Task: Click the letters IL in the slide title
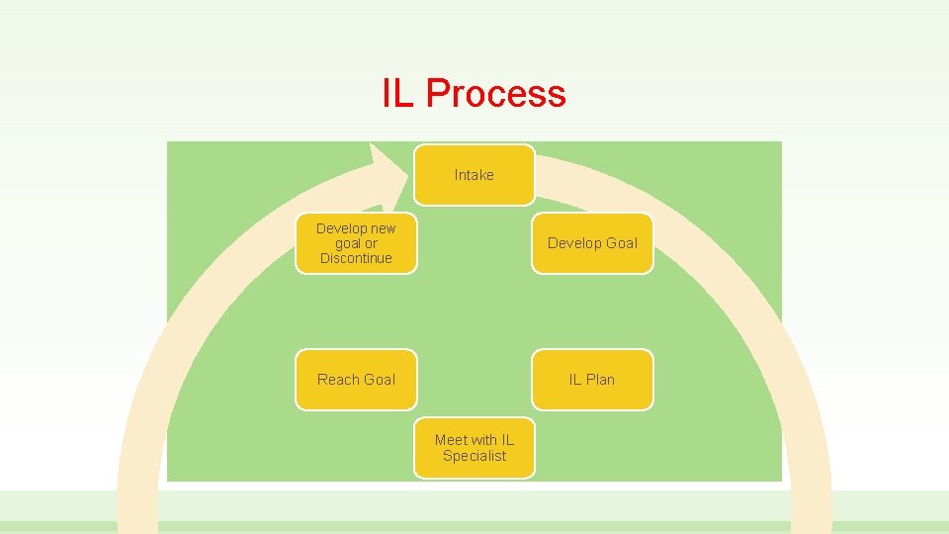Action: pos(399,94)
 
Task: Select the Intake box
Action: pos(474,175)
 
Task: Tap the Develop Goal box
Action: pos(592,243)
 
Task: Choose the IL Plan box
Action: pos(592,380)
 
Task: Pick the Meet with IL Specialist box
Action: pos(474,448)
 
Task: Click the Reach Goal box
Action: pos(356,380)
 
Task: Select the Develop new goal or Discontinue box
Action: pos(356,243)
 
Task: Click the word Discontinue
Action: pos(356,258)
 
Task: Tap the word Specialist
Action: pos(474,456)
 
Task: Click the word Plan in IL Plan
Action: pos(599,380)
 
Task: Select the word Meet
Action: pos(451,440)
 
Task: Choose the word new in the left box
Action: pos(383,228)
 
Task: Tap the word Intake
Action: pos(474,175)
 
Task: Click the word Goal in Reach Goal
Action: pos(379,380)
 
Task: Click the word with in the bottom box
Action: pos(484,440)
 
